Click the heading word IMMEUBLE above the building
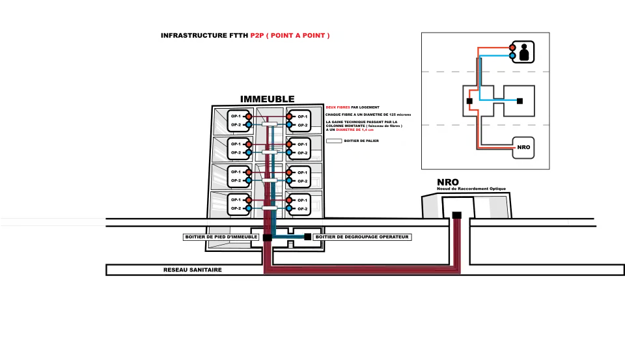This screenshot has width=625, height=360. pos(267,99)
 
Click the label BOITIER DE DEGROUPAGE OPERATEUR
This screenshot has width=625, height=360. pos(361,237)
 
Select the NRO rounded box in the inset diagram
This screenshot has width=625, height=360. pos(523,147)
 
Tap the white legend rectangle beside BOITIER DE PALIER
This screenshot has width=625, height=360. pos(333,141)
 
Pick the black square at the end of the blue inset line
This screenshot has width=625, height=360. pos(520,101)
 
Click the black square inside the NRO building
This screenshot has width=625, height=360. pos(457,215)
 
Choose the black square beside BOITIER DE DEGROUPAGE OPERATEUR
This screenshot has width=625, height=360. pos(307,237)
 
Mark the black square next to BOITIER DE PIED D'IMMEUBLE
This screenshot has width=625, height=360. pos(266,237)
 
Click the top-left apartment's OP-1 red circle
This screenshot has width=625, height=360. pos(249,117)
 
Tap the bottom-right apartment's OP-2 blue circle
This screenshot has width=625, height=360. pos(289,208)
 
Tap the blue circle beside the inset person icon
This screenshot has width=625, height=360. pos(512,57)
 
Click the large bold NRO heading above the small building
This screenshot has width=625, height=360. pos(447,182)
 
